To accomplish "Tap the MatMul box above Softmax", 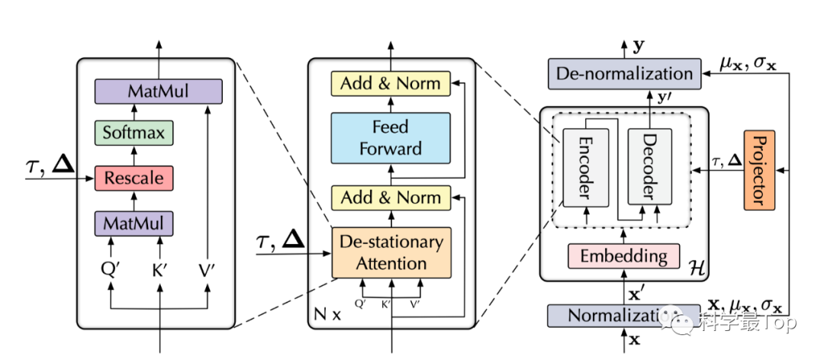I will pos(158,92).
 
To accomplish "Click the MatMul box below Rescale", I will pos(134,223).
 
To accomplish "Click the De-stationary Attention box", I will pos(391,252).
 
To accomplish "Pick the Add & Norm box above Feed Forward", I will pos(390,83).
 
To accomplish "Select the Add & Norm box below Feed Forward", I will pos(390,198).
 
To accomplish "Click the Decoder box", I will pos(649,166).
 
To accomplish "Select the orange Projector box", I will pos(758,169).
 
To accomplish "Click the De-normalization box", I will pos(624,74).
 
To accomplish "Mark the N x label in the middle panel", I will pos(327,313).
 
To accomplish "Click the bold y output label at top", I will pos(639,46).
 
